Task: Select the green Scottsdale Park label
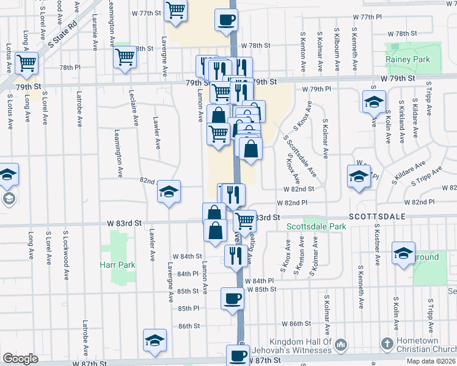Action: point(316,227)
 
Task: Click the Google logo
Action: point(20,359)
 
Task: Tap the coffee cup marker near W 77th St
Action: point(226,20)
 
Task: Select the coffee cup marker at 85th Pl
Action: point(232,299)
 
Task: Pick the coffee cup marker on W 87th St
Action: point(238,355)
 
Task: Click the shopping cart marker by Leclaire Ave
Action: point(125,57)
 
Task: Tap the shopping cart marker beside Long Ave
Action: point(26,62)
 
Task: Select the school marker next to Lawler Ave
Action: point(169,192)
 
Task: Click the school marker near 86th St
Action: point(155,340)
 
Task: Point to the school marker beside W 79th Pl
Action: point(374,102)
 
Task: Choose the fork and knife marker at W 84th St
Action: point(234,255)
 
